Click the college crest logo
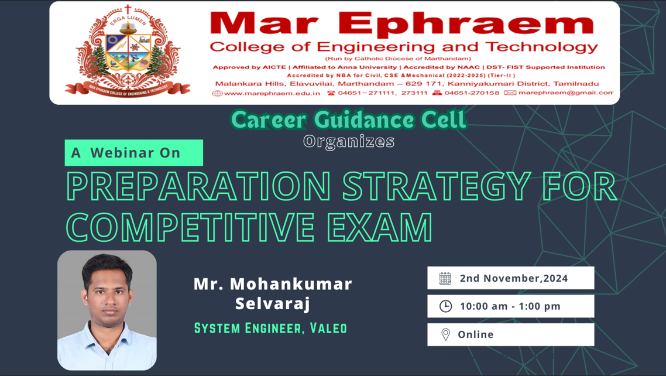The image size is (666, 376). coord(128,50)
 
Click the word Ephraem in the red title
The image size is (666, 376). coord(466,23)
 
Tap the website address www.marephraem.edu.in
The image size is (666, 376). coord(272,93)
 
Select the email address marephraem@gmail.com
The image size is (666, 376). coord(566,93)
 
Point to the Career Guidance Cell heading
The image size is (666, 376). coord(349,119)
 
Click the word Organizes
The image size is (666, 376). coord(349,142)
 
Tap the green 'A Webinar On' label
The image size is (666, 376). coord(134,152)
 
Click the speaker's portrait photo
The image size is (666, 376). coord(107,310)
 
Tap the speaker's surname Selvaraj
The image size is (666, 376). coord(273,304)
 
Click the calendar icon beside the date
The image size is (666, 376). coord(445,278)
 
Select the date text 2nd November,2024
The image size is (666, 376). coord(514,278)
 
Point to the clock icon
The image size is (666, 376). coord(445,306)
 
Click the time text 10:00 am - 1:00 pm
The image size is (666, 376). coord(510,306)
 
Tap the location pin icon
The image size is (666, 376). coord(445,334)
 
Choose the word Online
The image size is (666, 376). coord(476,334)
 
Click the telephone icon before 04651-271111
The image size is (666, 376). coord(331,93)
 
